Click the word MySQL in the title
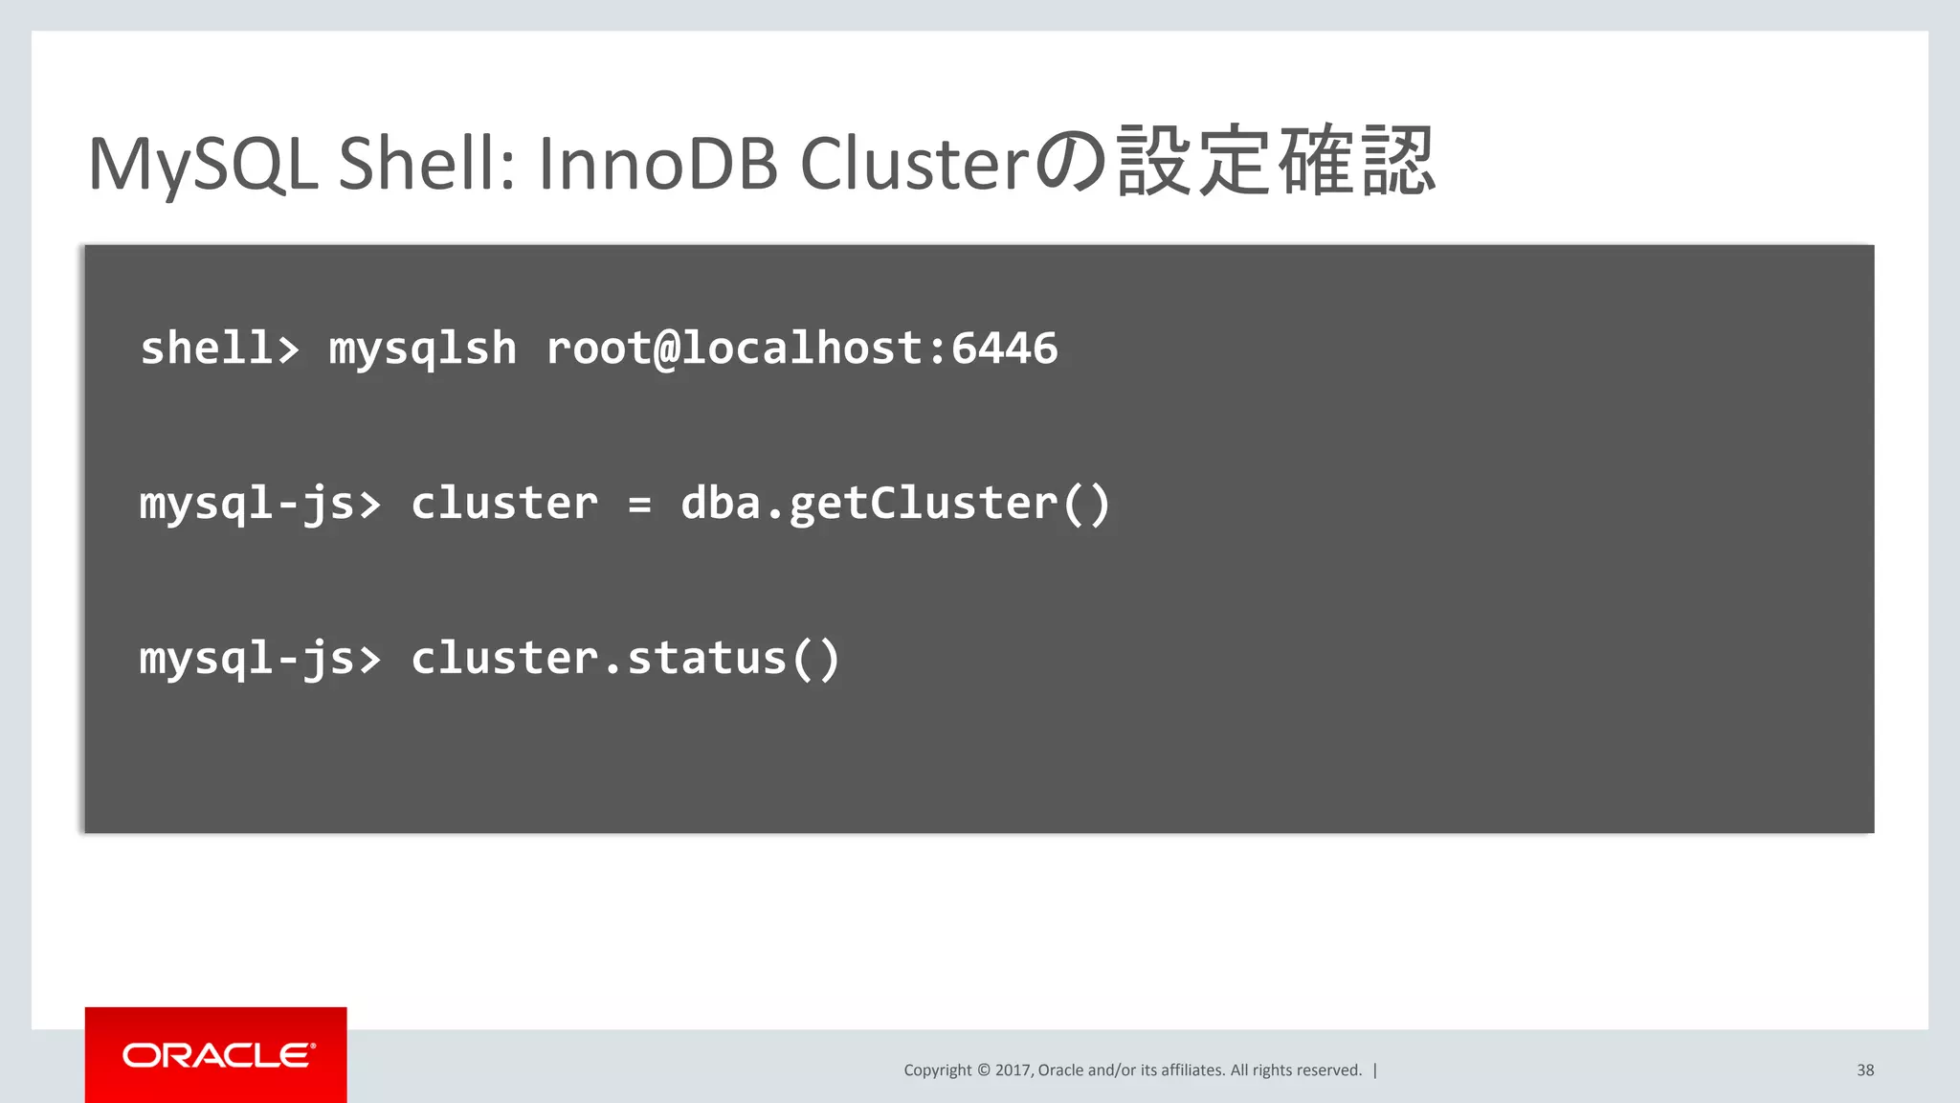(x=202, y=165)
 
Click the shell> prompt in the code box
(x=219, y=348)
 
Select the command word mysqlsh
(x=422, y=349)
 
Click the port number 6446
(x=1004, y=348)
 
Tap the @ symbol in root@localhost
(x=666, y=349)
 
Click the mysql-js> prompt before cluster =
(x=259, y=505)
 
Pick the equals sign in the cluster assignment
(x=639, y=505)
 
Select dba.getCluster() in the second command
(x=895, y=505)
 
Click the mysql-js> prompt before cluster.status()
(x=259, y=660)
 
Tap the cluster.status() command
(x=625, y=660)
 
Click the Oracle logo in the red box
(x=217, y=1055)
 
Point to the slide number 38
(x=1865, y=1070)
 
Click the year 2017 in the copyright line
(x=1013, y=1070)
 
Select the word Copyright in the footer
(x=937, y=1070)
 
